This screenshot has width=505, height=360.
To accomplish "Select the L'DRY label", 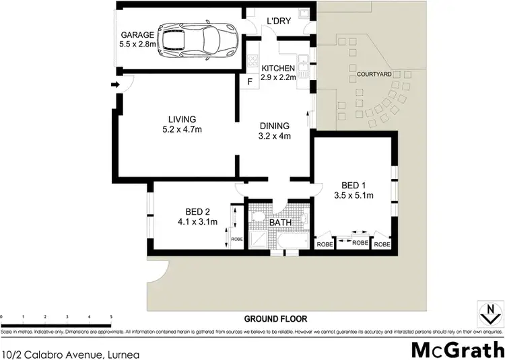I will (278, 21).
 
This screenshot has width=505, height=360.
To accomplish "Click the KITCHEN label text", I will (279, 69).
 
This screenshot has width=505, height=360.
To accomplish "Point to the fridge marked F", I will (250, 83).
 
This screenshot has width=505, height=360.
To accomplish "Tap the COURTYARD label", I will (374, 72).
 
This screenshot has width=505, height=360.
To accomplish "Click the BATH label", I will (279, 221).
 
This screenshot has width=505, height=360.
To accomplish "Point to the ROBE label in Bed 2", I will (235, 238).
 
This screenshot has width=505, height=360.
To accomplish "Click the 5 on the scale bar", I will (111, 316).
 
